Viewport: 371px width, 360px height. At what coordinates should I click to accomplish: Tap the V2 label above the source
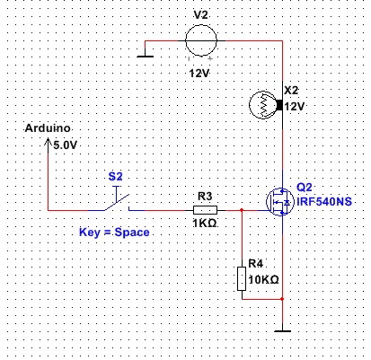click(200, 14)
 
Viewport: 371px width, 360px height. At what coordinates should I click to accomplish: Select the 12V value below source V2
click(199, 73)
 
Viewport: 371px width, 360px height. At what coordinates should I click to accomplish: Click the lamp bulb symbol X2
click(263, 105)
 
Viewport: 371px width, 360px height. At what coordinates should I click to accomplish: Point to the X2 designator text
click(291, 90)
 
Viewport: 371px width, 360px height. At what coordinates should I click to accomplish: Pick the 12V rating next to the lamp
click(295, 106)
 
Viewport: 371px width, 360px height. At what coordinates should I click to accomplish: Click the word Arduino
click(48, 128)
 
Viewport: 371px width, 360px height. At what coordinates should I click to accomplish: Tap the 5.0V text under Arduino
click(65, 145)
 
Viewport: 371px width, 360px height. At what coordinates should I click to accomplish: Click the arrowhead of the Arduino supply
click(48, 141)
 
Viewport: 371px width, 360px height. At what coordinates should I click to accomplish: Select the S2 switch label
click(116, 176)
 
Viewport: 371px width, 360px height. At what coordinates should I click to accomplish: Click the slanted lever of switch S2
click(117, 203)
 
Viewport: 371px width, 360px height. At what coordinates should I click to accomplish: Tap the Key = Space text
click(114, 233)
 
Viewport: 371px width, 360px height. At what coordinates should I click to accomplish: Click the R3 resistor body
click(205, 210)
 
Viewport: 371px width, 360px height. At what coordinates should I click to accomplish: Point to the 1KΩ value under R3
click(205, 223)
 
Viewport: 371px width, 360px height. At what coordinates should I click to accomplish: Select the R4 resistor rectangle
click(242, 279)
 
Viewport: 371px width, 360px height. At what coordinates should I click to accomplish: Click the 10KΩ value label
click(264, 279)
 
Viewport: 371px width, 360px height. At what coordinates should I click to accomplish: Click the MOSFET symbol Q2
click(280, 202)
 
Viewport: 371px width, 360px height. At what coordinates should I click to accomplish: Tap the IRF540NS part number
click(324, 201)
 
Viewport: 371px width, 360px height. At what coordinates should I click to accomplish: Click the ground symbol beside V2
click(146, 56)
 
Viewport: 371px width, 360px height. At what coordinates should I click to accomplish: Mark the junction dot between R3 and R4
click(242, 210)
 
